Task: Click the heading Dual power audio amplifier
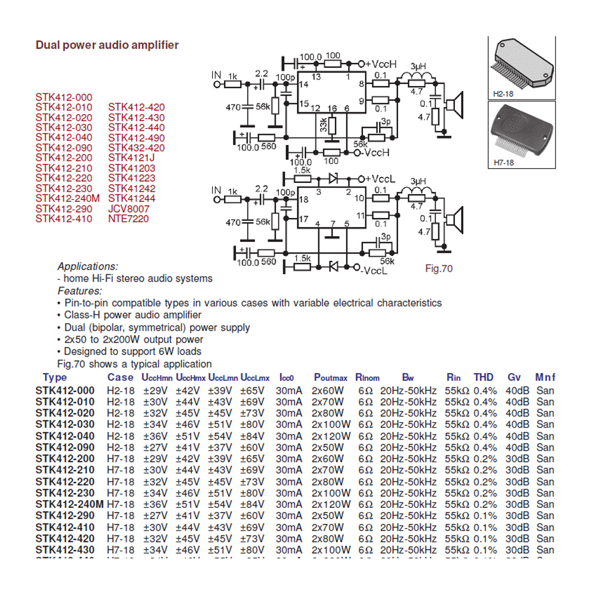point(107,45)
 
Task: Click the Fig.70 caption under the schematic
point(439,268)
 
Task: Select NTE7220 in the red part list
point(128,219)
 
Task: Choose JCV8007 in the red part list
point(129,209)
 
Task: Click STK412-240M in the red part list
point(68,199)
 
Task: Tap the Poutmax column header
point(330,378)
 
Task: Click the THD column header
point(483,377)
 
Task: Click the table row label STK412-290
point(65,516)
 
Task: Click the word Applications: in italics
point(88,266)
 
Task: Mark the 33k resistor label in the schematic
point(323,125)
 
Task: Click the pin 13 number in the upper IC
point(316,77)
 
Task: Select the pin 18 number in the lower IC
point(304,200)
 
